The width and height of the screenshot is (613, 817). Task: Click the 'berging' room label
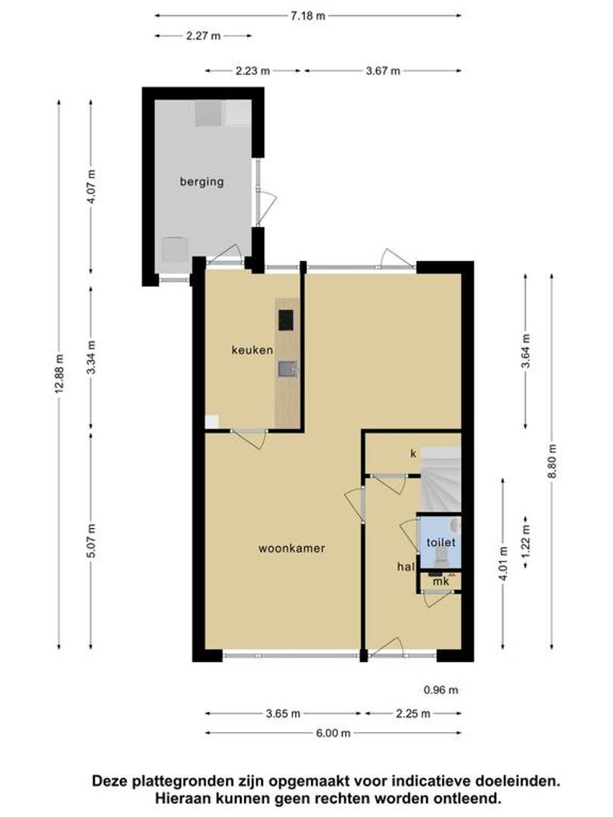pos(202,182)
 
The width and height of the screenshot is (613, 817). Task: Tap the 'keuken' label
pos(252,349)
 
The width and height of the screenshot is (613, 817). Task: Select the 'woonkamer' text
pos(292,548)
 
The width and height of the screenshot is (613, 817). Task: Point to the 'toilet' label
pos(441,542)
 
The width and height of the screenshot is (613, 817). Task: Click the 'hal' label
pos(406,567)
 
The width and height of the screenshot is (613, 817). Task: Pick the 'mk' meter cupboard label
pos(441,582)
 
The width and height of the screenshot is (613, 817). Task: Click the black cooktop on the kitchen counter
pos(285,320)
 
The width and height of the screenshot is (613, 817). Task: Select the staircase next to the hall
pos(441,480)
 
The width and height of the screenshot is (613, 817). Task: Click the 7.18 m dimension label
pos(307,16)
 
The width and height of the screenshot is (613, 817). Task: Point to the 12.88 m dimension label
pos(59,374)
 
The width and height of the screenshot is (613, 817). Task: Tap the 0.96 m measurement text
pos(441,690)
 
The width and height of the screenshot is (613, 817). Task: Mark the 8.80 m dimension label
pos(552,463)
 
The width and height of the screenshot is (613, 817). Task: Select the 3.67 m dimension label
pos(383,71)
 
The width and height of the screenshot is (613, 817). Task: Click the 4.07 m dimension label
pos(92,188)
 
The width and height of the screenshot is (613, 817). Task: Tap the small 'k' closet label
pos(413,454)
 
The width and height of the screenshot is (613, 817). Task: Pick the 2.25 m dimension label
pos(413,713)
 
